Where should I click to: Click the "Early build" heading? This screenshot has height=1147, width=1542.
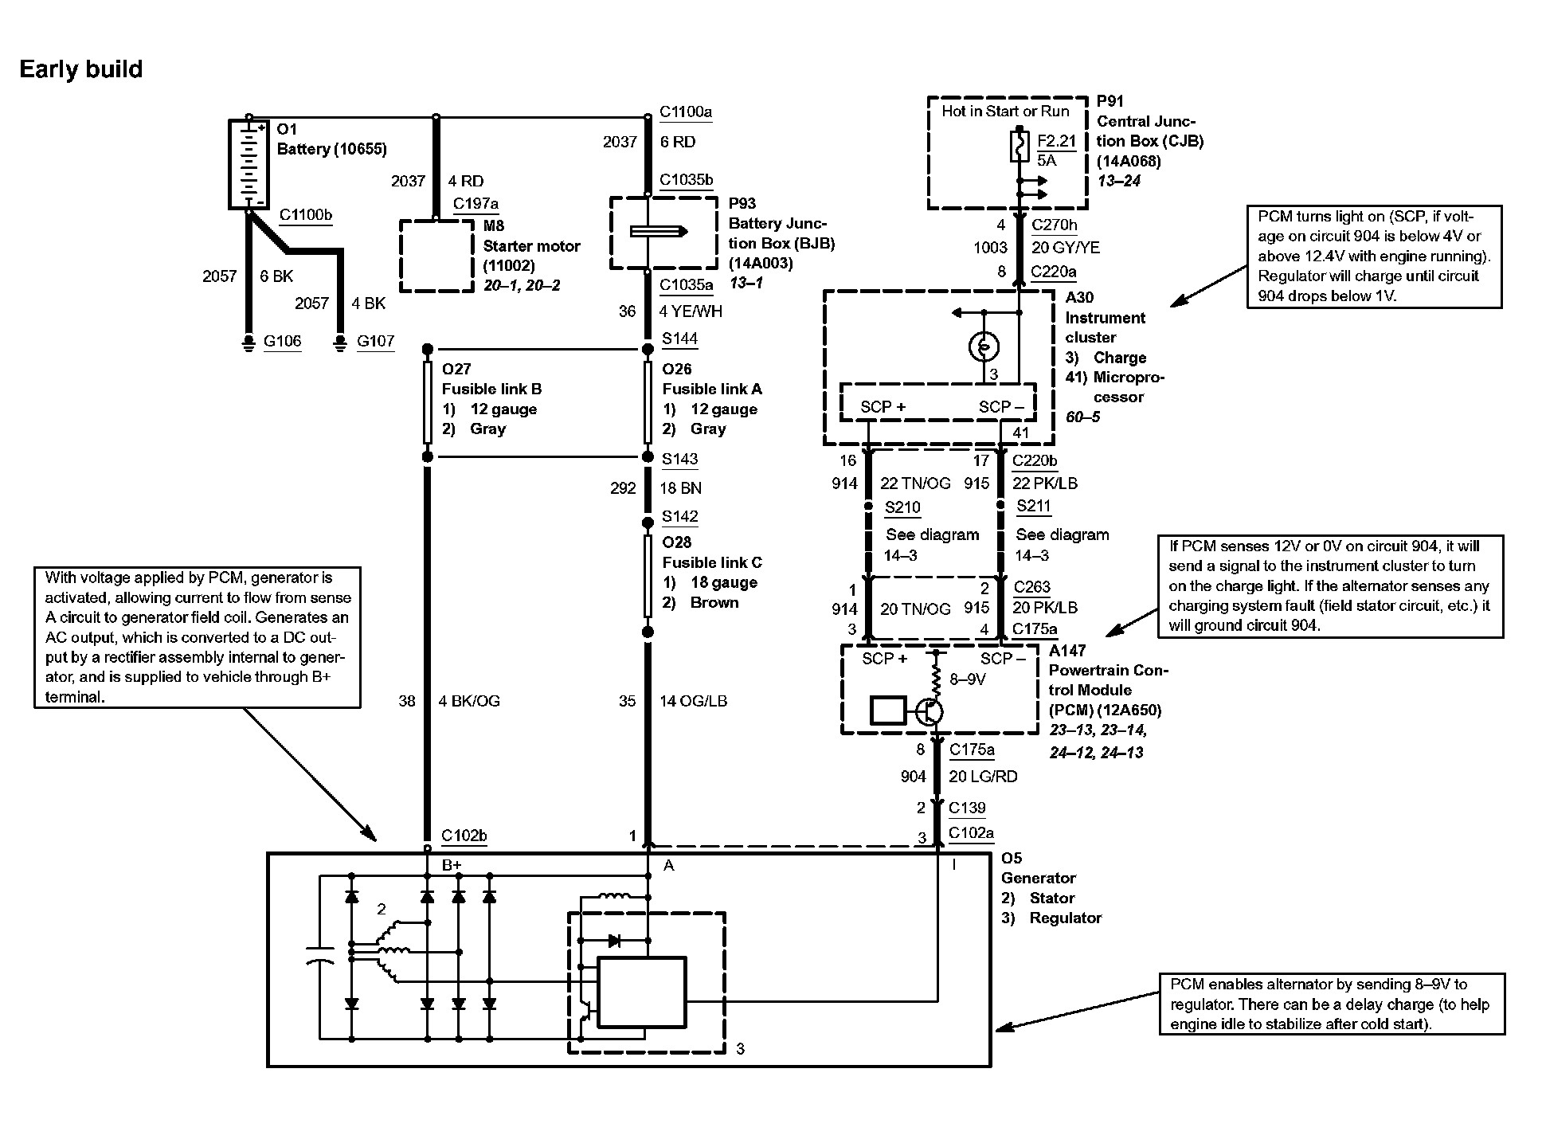(x=80, y=69)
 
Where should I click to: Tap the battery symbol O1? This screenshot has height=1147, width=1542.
(x=249, y=164)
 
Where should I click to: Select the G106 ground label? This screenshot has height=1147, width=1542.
(x=283, y=342)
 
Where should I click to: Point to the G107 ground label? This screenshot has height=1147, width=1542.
(x=375, y=342)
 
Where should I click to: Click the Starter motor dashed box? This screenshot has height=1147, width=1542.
(x=436, y=256)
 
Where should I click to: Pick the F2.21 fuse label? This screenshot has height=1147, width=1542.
(x=1056, y=141)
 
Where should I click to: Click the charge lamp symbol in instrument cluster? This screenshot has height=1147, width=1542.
(x=984, y=346)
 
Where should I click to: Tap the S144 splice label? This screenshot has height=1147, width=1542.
(x=679, y=339)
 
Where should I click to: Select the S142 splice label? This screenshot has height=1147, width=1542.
(x=679, y=516)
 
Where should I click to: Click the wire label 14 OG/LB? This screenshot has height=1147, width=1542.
(x=693, y=701)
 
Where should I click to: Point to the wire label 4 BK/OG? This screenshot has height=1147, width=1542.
(x=469, y=701)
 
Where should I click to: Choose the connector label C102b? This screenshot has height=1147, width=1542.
(x=464, y=836)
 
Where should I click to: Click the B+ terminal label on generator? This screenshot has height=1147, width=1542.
(x=452, y=865)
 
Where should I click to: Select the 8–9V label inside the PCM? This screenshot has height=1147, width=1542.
(x=968, y=679)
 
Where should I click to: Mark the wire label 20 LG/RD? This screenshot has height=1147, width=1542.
(x=983, y=777)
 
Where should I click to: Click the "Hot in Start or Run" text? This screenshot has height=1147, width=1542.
(x=1005, y=112)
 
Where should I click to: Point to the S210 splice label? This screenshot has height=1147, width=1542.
(x=902, y=507)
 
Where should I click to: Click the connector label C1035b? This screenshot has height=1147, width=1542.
(x=686, y=180)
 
